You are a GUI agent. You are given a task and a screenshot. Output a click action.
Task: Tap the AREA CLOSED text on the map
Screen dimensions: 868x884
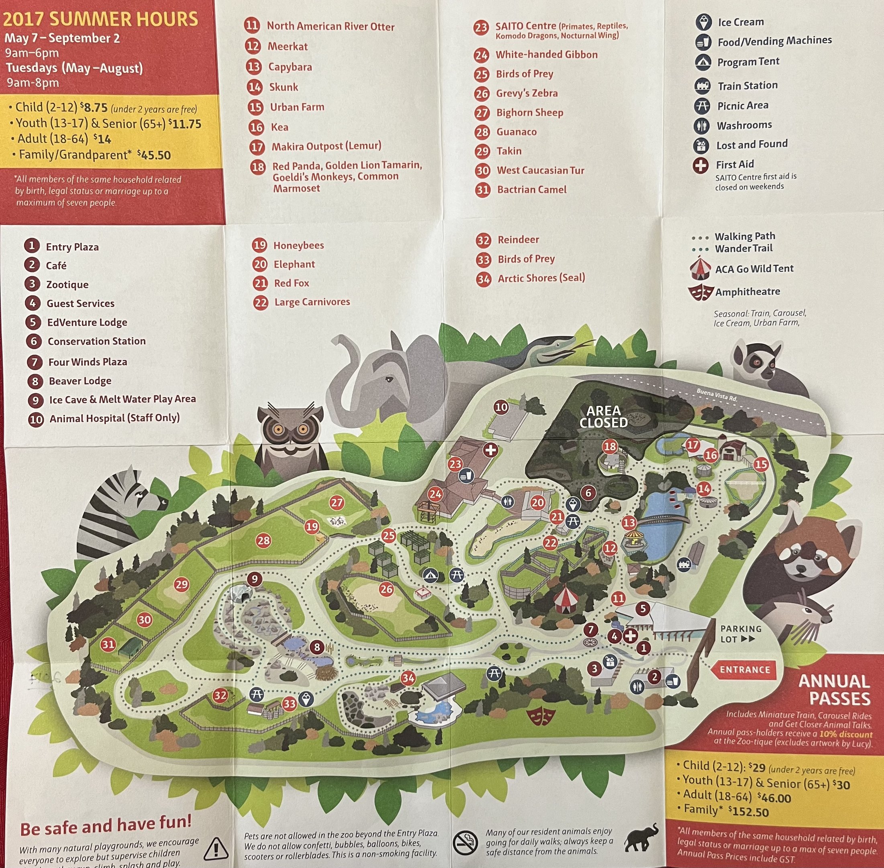603,417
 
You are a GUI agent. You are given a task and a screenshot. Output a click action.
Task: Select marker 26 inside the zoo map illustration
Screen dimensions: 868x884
386,589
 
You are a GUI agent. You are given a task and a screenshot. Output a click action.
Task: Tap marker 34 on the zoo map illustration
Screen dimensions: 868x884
408,678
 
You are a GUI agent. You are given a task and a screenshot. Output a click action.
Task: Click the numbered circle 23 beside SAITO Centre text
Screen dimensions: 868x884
481,28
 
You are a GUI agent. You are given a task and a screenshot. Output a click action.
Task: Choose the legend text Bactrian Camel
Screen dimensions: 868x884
532,190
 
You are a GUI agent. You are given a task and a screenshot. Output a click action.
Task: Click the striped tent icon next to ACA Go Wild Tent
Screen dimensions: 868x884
700,268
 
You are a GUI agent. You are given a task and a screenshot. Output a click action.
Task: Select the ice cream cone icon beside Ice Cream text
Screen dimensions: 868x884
704,22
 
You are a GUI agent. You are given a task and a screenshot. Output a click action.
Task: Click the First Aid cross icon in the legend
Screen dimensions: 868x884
701,165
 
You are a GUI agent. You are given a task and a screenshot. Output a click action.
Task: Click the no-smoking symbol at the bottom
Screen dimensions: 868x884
465,842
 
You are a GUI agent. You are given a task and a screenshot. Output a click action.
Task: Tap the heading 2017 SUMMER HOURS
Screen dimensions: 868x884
101,19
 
